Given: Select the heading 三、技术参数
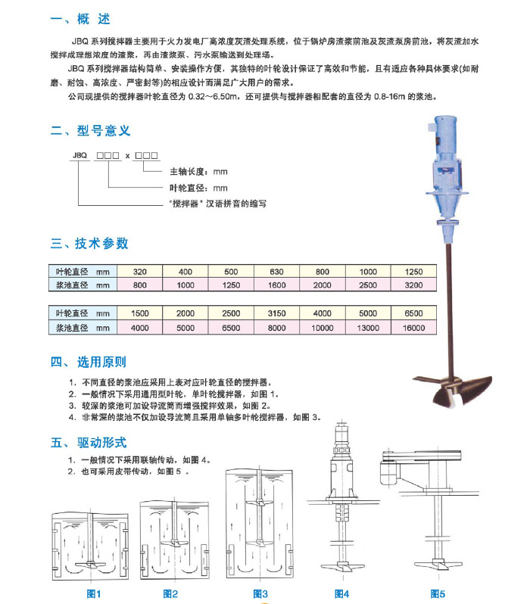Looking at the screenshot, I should click(x=89, y=244).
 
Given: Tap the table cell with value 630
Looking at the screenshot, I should click(x=278, y=272).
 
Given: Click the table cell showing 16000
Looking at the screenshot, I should click(x=415, y=328).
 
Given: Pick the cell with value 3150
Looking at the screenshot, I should click(x=278, y=313).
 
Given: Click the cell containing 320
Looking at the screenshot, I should click(x=140, y=272).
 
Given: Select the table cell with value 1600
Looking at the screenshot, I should click(x=278, y=286).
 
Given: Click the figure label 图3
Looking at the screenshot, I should click(x=260, y=593).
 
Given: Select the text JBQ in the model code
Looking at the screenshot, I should click(x=79, y=154).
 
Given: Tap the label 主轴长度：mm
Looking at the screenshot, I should click(x=198, y=171).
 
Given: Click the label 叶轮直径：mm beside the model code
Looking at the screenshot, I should click(x=198, y=188).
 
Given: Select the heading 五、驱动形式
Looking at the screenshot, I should click(x=88, y=442).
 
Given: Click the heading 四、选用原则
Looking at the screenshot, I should click(x=88, y=363).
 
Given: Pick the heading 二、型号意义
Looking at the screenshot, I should click(x=88, y=130).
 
